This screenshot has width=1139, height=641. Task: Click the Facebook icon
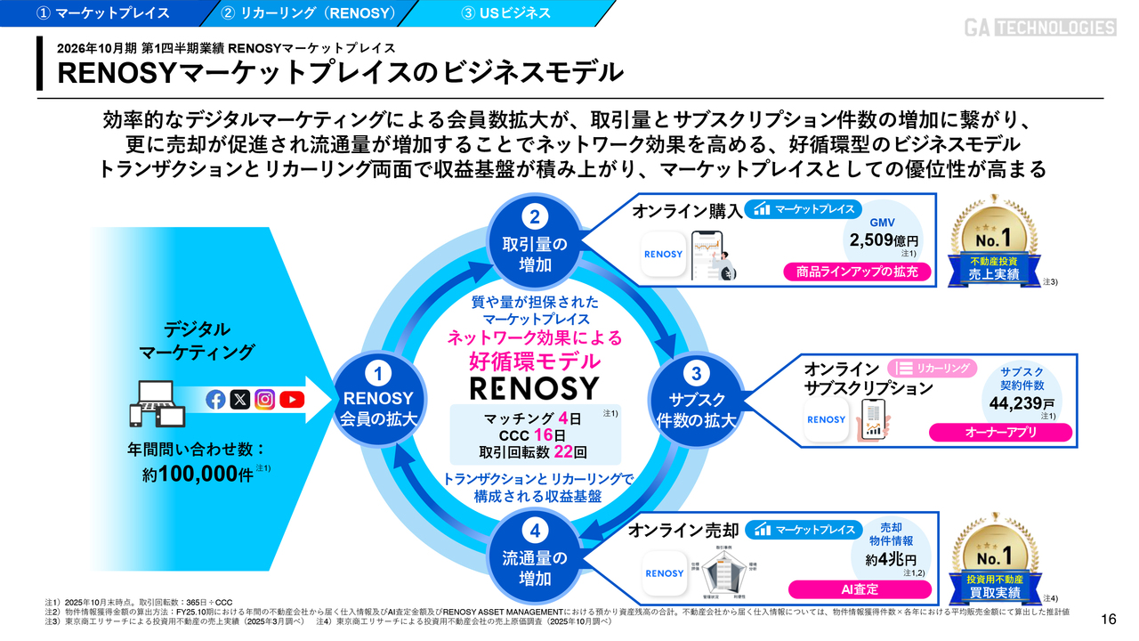tap(215, 400)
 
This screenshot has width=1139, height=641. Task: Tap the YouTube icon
tap(292, 400)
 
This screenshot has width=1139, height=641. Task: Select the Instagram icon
tap(265, 400)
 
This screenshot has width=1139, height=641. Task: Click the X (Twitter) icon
tap(240, 400)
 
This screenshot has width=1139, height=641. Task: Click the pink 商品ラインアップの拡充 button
tap(858, 272)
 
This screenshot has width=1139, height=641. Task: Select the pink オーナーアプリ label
tap(1000, 433)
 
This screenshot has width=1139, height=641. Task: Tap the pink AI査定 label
tap(860, 589)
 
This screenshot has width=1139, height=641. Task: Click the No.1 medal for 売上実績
tap(994, 239)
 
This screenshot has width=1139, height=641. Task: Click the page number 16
tap(1108, 620)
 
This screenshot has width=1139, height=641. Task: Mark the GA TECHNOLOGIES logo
tap(1040, 28)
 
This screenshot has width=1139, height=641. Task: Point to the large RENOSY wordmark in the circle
tap(535, 388)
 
